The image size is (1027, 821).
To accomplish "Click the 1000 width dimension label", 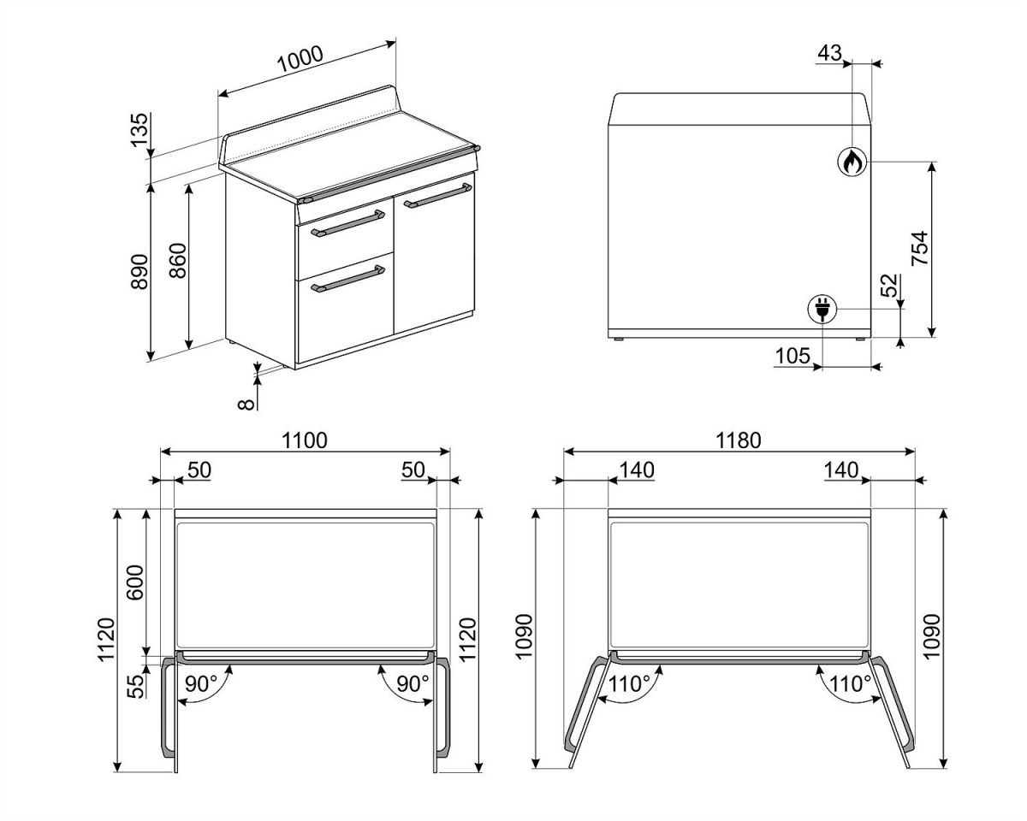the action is coord(300,59).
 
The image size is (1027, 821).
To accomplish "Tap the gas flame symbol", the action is coord(852,162).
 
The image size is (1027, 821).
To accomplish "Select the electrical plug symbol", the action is coord(822,309).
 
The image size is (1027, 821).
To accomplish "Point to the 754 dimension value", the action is coord(919,248).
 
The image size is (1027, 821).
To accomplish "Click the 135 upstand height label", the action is coord(140,130).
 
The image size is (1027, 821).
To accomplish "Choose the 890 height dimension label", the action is coord(140,271).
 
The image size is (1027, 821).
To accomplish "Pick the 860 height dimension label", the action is coord(178,261).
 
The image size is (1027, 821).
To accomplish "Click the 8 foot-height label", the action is coord(246,405).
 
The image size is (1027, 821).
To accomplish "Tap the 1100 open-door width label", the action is coord(305,440).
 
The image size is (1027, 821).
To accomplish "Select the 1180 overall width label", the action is coord(739,440).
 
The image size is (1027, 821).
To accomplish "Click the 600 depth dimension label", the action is coord(134,582).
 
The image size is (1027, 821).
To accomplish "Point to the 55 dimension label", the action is coord(135,687).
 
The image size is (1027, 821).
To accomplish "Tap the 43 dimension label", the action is coord(830,53).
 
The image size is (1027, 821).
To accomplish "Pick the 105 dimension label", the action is coord(793,356).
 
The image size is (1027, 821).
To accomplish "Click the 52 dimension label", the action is coord(888,286).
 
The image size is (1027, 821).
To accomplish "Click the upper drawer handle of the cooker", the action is coord(348,223).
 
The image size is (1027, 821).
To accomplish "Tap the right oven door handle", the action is coord(438,196).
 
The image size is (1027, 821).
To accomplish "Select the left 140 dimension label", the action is coord(637,470).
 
